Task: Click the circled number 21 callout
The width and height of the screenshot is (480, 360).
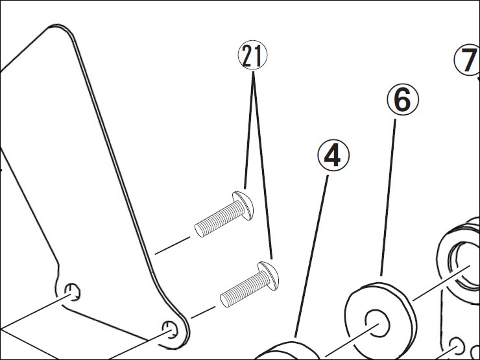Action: point(252,55)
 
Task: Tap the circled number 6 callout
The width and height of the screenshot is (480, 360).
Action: point(403,100)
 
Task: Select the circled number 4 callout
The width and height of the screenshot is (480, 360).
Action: point(333,156)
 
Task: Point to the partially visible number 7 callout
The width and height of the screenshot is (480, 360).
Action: point(468,60)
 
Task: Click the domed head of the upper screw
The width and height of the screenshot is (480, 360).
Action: point(243,206)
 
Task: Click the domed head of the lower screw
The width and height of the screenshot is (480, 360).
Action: point(269,276)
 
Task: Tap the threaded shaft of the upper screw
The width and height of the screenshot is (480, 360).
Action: point(218,218)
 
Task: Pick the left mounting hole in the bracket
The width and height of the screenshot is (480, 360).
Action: point(73,291)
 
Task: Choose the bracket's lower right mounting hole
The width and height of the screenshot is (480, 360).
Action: point(170,330)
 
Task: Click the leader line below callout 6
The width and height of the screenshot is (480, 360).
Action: point(388,197)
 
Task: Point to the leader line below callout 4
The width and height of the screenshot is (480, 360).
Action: point(311,256)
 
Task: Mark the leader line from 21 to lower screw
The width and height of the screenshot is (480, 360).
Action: point(263,165)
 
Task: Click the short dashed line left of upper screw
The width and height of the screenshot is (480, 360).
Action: point(173,245)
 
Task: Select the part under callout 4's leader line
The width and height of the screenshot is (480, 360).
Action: point(288,352)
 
